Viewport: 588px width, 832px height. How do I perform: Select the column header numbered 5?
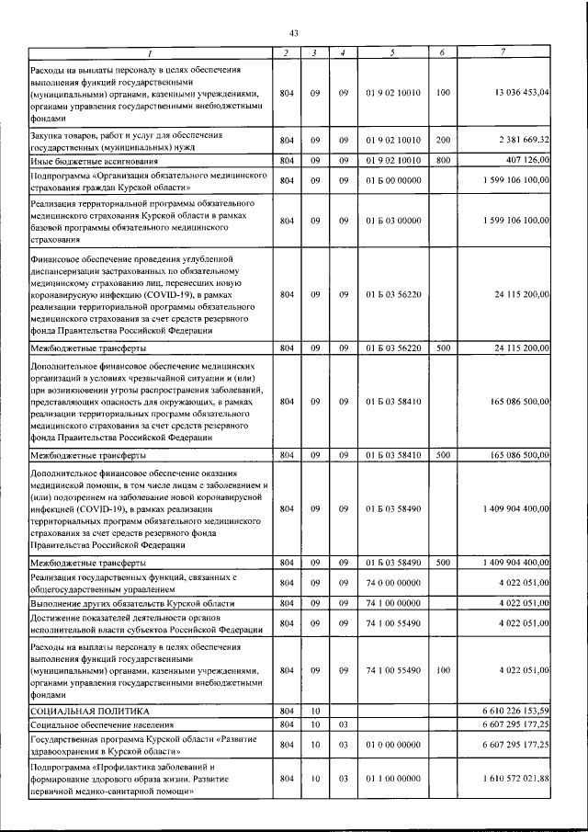(392, 52)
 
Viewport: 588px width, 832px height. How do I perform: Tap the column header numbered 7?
(503, 52)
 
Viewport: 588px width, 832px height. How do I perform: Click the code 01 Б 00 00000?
(392, 179)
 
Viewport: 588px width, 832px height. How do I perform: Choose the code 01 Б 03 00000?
(392, 221)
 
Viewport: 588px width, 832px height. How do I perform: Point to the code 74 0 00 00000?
(392, 581)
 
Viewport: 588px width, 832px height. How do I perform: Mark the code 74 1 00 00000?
(392, 602)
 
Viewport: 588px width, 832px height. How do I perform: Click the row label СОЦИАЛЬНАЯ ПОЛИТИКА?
(89, 711)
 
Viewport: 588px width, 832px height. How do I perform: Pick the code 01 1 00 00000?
(392, 779)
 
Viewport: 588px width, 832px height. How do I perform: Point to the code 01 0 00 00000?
(392, 745)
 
